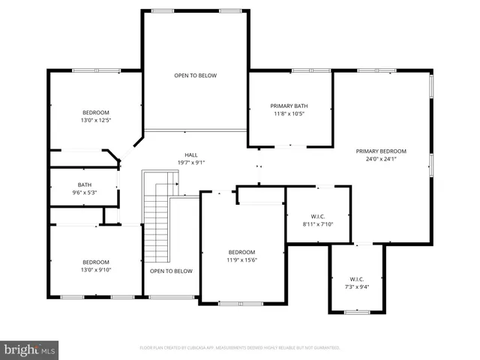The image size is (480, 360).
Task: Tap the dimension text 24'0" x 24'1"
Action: click(381, 159)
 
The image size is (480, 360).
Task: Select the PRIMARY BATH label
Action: click(289, 106)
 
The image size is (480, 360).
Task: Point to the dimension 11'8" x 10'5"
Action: click(289, 114)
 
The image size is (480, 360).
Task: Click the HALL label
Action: click(191, 154)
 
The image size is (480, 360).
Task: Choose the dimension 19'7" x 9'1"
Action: click(191, 163)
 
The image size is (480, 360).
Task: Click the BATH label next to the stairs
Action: click(85, 184)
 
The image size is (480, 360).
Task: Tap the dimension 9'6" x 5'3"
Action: click(85, 193)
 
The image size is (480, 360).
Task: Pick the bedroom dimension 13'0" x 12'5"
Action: click(95, 120)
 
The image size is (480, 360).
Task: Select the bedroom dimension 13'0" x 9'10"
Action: click(95, 270)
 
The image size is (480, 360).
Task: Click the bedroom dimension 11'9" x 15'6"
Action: click(241, 260)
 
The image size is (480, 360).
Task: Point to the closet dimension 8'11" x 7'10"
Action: click(318, 223)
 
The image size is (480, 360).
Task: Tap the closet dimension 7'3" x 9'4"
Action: click(355, 286)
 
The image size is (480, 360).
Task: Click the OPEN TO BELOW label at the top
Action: click(196, 75)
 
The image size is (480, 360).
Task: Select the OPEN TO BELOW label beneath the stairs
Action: click(171, 271)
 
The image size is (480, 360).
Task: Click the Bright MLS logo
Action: click(30, 349)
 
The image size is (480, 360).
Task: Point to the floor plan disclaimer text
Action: click(240, 348)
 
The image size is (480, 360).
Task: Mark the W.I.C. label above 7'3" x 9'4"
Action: click(355, 278)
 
